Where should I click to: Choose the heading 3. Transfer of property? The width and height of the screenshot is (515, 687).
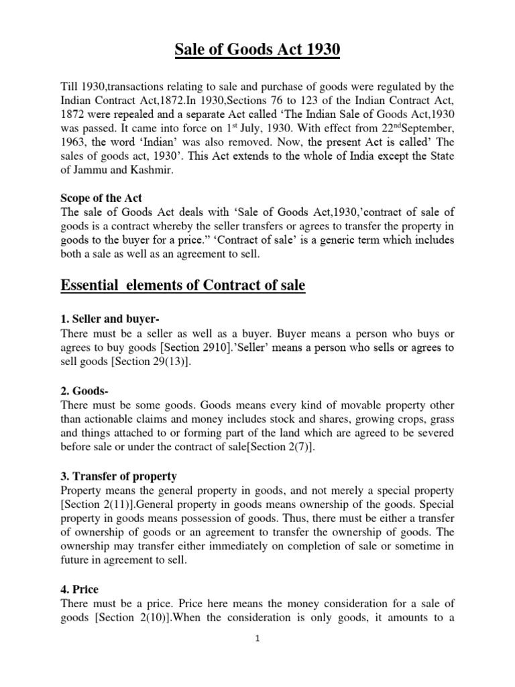(119, 476)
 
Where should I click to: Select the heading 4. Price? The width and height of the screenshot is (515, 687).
(79, 590)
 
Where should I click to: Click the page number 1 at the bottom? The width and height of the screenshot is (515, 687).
(257, 657)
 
